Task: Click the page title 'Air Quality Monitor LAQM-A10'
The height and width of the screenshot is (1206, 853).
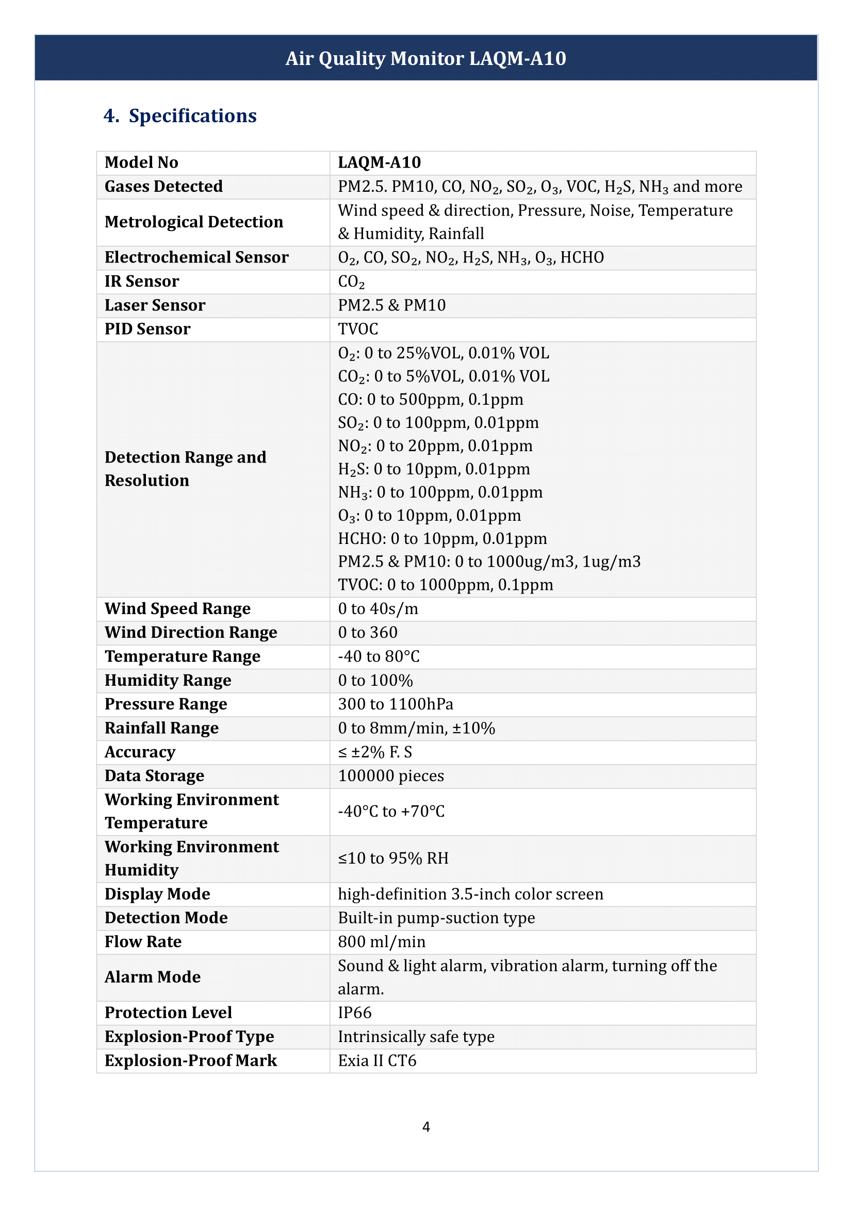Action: (425, 58)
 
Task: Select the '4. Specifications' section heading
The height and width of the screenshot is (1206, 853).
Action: (179, 115)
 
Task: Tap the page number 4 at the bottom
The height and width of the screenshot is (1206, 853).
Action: (426, 1127)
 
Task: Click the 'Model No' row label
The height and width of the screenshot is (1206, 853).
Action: (141, 162)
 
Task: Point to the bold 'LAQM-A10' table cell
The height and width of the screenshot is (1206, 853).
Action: (379, 162)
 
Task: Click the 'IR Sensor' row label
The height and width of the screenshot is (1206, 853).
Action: (142, 281)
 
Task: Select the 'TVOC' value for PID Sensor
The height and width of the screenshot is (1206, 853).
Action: (358, 329)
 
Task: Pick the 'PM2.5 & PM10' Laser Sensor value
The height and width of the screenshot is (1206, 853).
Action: (392, 305)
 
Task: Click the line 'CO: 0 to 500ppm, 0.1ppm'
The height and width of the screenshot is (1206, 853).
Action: (430, 399)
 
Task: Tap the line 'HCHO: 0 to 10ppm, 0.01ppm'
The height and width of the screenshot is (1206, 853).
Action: (442, 538)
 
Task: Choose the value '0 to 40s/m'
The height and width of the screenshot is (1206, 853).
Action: (378, 609)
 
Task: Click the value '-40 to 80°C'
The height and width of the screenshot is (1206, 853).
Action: (379, 656)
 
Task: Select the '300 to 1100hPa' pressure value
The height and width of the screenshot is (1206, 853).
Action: (396, 704)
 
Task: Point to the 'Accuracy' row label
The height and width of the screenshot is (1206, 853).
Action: (140, 752)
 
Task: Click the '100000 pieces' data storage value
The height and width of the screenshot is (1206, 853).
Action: (391, 776)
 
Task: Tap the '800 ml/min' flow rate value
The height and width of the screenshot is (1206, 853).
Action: (382, 942)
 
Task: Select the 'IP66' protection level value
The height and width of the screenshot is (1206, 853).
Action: (354, 1013)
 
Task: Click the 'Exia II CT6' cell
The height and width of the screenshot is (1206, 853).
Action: (377, 1061)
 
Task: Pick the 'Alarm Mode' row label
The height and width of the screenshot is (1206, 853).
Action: (152, 977)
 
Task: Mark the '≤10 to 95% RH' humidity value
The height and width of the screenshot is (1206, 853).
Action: (393, 858)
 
